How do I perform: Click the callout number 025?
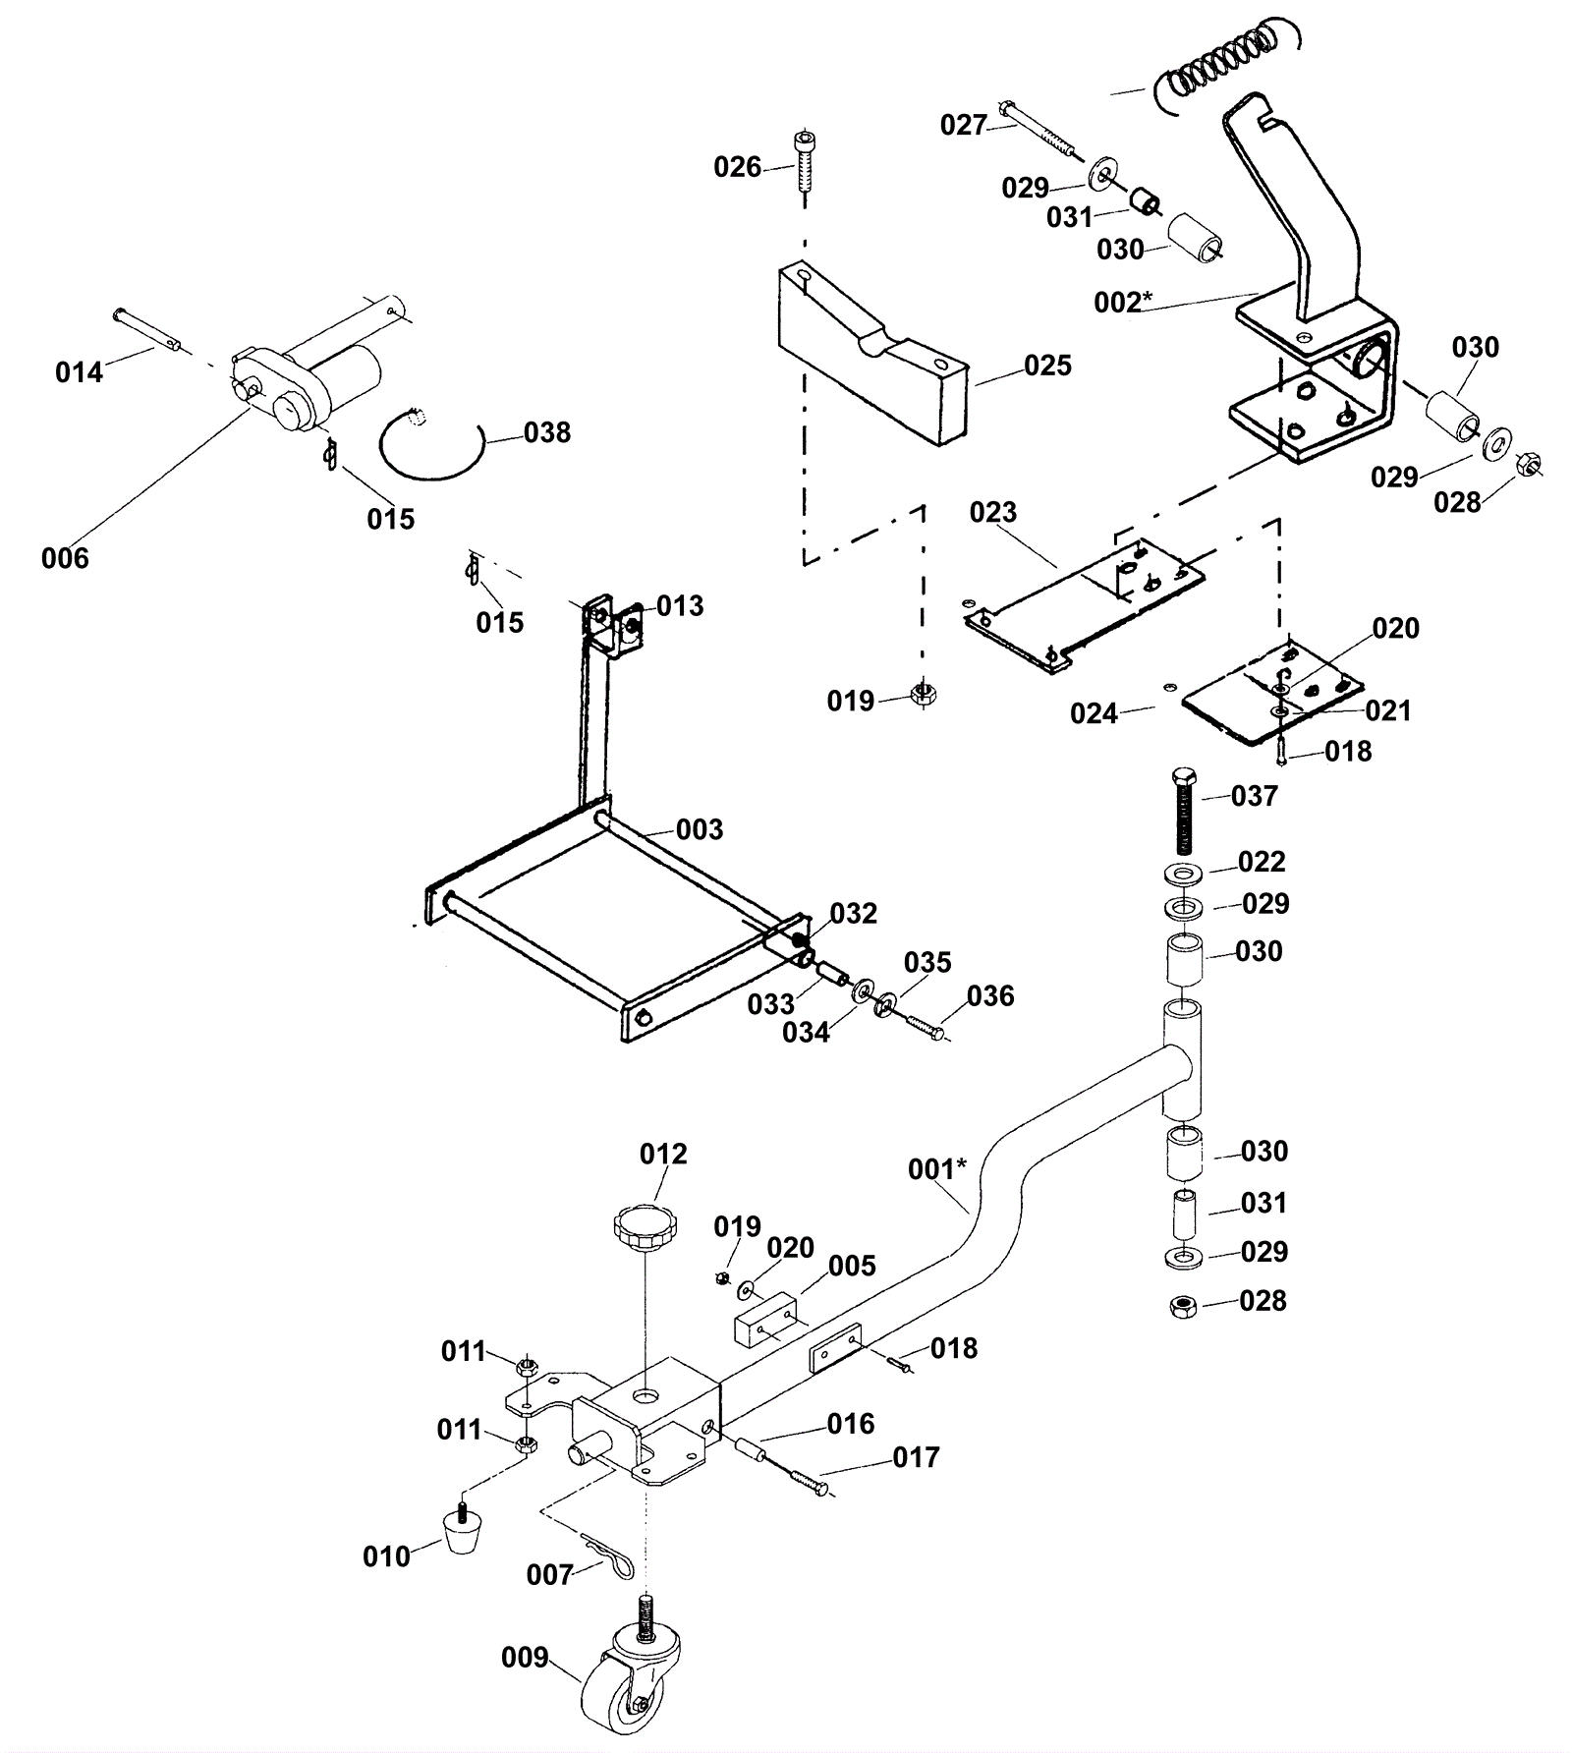1047,366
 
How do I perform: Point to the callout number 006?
65,558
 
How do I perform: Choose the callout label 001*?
937,1168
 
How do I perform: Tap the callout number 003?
700,829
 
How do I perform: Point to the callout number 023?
993,512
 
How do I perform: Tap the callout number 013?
680,605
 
